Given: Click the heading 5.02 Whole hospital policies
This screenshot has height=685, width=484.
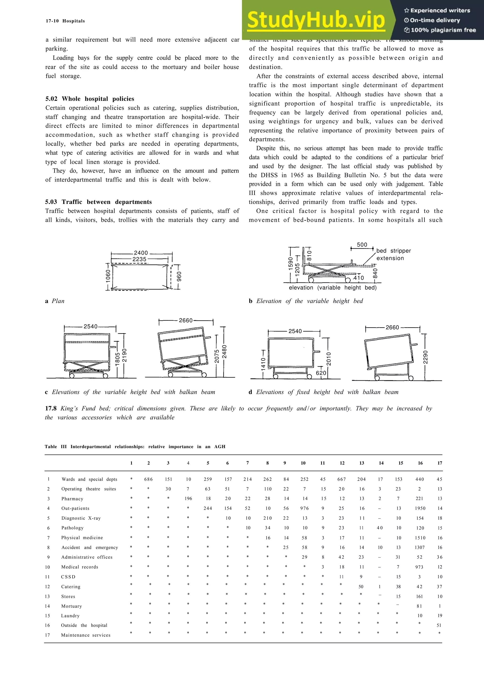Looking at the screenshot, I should [x=90, y=99].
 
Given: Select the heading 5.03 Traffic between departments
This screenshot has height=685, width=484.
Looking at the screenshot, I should [x=98, y=202].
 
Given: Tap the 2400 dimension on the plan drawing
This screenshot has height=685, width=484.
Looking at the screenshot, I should [x=141, y=253].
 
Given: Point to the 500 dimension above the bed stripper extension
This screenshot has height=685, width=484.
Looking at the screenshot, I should [x=362, y=245].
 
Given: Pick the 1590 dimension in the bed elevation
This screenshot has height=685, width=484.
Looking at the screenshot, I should [x=290, y=264].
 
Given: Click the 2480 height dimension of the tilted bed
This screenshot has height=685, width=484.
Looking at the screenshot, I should [x=224, y=351].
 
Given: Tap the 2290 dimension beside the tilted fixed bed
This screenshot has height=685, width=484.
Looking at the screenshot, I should [x=426, y=357].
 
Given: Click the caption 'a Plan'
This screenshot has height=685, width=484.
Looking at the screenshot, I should [x=55, y=301].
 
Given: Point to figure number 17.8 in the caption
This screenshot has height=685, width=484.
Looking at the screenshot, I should [x=51, y=408].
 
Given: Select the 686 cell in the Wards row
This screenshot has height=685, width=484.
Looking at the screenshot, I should [x=148, y=479].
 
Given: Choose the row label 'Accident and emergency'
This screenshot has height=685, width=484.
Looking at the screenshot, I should [x=90, y=547].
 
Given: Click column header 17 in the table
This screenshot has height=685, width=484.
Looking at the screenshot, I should [x=440, y=463].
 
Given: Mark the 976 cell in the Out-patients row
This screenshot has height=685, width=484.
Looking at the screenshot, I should [x=304, y=508].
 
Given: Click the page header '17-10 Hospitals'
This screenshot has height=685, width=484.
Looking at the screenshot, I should [x=65, y=21].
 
